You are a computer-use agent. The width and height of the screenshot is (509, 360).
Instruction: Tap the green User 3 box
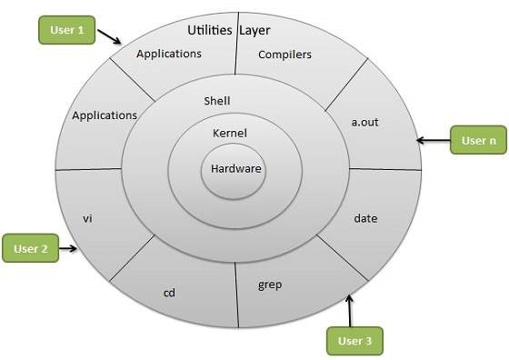point(354,341)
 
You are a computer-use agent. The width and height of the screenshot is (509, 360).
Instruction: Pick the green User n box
point(479,141)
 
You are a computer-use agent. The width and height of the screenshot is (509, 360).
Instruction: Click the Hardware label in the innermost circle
point(235,168)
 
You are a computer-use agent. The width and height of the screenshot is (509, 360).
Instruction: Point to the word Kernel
point(229,134)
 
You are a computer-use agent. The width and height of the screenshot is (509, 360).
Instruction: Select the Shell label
point(219,101)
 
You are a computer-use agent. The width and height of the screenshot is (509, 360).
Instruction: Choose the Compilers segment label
point(284,55)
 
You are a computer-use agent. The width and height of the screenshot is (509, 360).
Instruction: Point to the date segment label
point(364,219)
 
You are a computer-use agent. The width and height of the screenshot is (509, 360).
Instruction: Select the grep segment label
point(270,285)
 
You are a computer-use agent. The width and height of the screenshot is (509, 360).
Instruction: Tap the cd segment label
point(168,294)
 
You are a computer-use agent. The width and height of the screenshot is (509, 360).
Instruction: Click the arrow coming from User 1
point(109,39)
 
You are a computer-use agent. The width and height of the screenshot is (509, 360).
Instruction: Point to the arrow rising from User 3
point(351,308)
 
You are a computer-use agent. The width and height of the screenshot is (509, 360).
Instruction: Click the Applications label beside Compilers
point(168,54)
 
